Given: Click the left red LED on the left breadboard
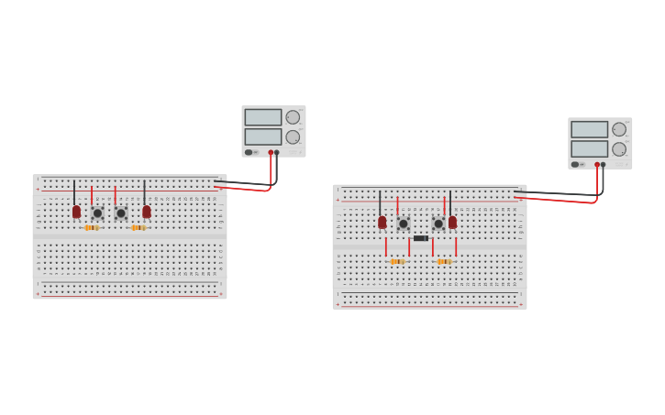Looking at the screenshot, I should [76, 212].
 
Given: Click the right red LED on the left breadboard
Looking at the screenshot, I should [147, 212].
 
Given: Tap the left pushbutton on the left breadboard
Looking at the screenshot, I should [97, 213].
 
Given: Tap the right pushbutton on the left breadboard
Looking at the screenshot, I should [121, 213].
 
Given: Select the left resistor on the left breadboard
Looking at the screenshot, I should [92, 227].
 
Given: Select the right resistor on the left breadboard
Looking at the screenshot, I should [139, 227].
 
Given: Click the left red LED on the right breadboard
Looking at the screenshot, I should [382, 222].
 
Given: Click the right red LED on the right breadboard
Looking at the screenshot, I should [452, 222].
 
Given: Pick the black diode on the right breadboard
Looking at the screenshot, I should [421, 238].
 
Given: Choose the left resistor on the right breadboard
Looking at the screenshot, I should [397, 261].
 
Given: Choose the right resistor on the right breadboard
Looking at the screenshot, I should [444, 261].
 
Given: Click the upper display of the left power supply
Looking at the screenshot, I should [263, 117].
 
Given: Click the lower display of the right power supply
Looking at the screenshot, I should [590, 148].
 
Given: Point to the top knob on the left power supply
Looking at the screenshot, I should [293, 117].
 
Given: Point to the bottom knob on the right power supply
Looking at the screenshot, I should [619, 148].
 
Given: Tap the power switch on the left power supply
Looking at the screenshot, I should [249, 152].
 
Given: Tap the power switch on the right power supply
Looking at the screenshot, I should [575, 164].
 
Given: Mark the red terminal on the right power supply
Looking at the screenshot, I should [597, 165].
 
